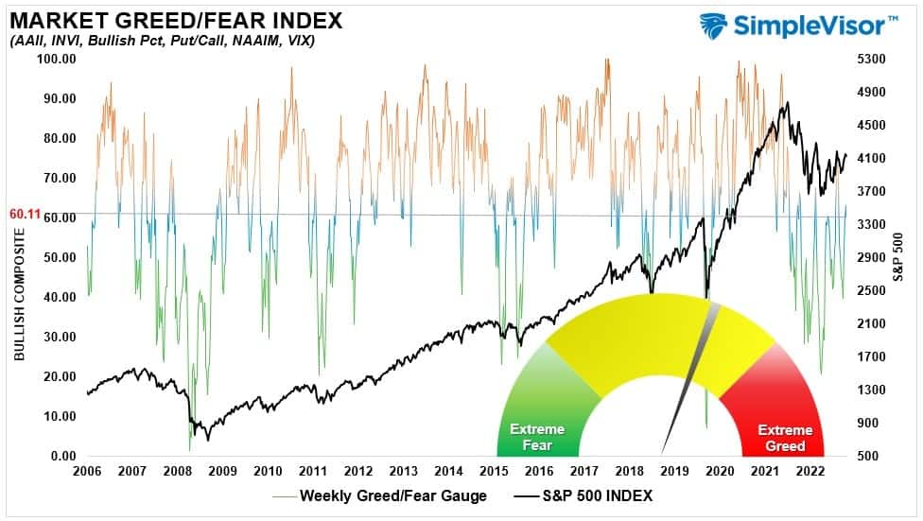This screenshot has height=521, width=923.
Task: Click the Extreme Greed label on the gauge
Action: [784, 438]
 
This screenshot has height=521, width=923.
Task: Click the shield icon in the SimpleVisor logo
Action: [716, 26]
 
